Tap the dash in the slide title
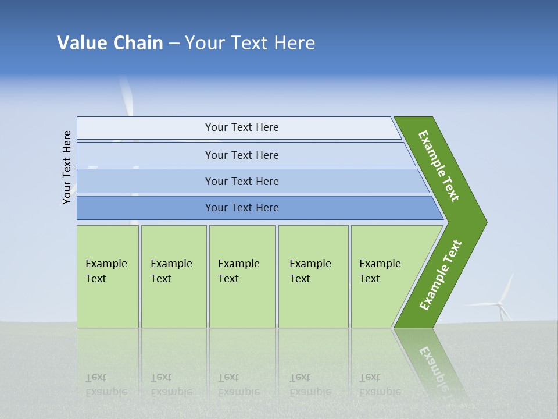pyautogui.click(x=174, y=44)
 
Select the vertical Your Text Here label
pyautogui.click(x=67, y=167)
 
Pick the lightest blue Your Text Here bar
pyautogui.click(x=241, y=127)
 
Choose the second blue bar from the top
pyautogui.click(x=241, y=155)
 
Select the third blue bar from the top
pyautogui.click(x=241, y=181)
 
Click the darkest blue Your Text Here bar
pyautogui.click(x=241, y=208)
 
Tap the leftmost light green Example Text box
pyautogui.click(x=108, y=276)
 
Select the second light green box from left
pyautogui.click(x=173, y=276)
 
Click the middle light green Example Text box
pyautogui.click(x=242, y=276)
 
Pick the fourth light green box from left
pyautogui.click(x=313, y=276)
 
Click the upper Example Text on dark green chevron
pyautogui.click(x=439, y=166)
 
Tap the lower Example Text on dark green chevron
pyautogui.click(x=440, y=275)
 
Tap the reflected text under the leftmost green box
pyautogui.click(x=106, y=385)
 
